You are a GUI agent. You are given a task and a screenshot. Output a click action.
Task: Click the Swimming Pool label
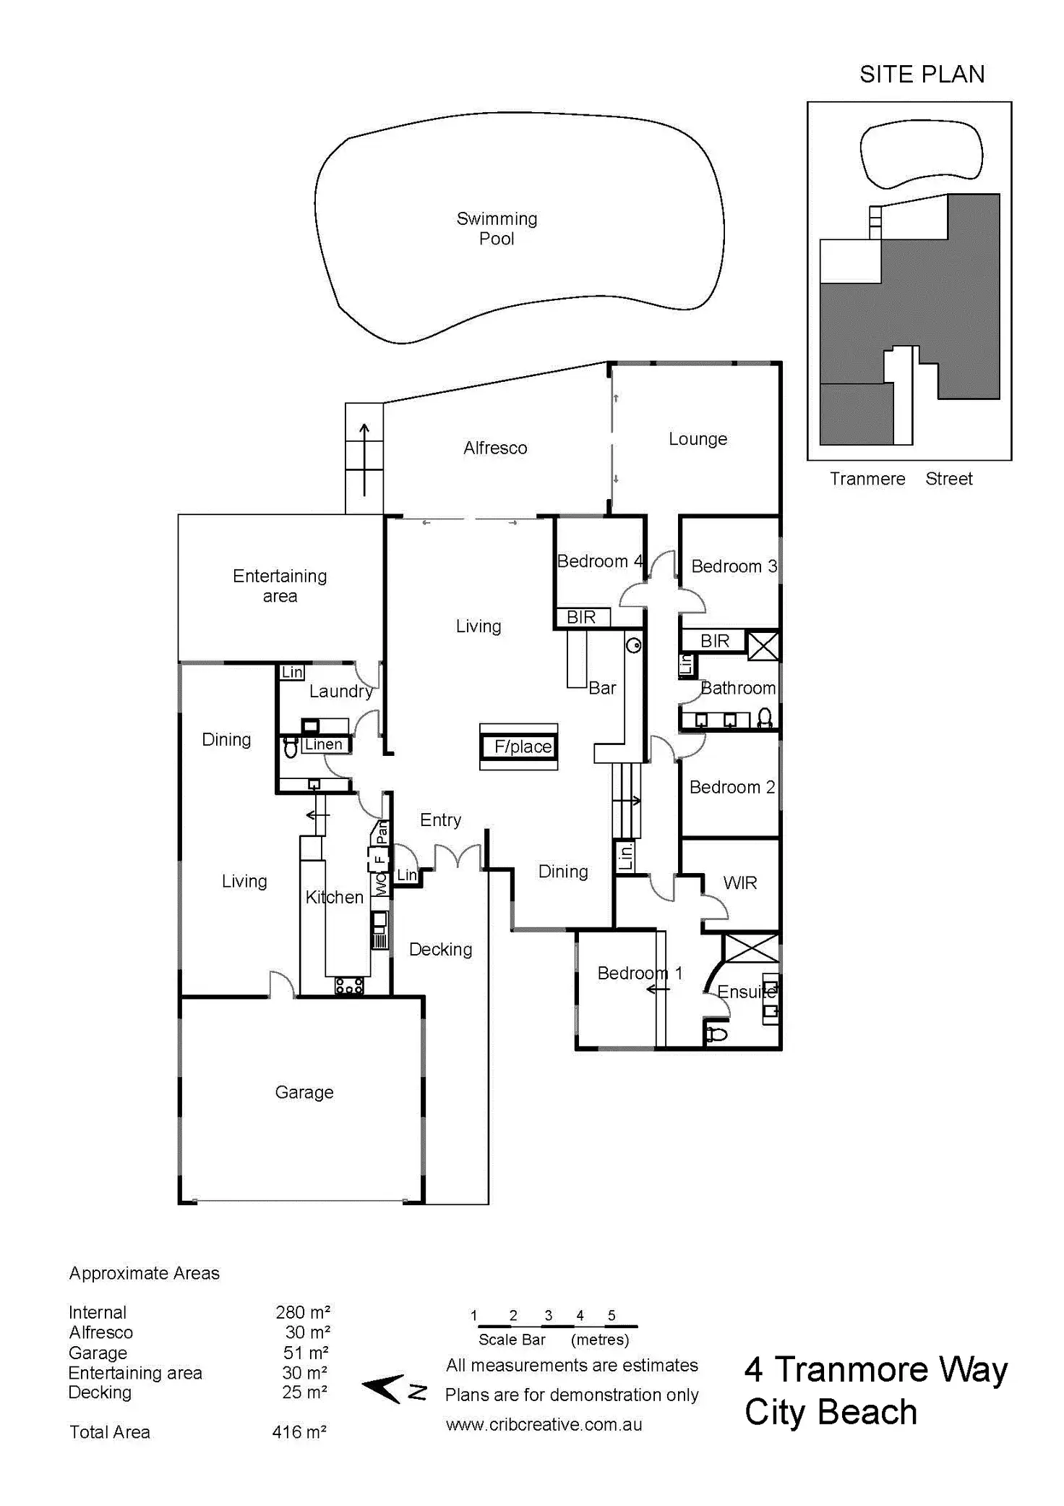[497, 229]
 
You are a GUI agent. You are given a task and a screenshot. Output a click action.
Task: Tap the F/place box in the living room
[519, 746]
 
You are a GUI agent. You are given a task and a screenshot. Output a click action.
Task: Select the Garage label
[304, 1092]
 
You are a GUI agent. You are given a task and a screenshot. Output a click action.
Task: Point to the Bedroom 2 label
[731, 787]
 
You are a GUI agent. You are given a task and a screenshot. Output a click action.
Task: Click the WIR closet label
[740, 882]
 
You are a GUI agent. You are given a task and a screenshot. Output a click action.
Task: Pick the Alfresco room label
[495, 448]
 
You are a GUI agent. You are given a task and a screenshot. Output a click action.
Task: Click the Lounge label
[698, 439]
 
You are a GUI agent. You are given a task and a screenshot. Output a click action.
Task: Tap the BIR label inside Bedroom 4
[581, 617]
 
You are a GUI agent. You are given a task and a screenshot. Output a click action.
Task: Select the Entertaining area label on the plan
[280, 586]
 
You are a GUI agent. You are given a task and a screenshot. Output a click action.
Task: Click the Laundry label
[341, 692]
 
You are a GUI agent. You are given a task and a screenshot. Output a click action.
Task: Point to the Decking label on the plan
[440, 949]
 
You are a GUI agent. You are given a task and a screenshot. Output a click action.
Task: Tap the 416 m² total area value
[299, 1431]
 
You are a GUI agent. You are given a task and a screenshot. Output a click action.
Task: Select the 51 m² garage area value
[306, 1353]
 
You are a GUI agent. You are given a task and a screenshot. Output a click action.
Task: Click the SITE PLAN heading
[922, 75]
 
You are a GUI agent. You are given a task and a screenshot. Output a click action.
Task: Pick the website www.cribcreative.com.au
[544, 1424]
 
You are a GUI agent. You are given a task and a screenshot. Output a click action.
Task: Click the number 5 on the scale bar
[612, 1315]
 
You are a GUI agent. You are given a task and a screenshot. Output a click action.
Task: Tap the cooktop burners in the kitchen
[349, 986]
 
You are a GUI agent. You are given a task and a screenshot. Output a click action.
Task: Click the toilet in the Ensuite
[716, 1034]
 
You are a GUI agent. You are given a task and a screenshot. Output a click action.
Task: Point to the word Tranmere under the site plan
[867, 479]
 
